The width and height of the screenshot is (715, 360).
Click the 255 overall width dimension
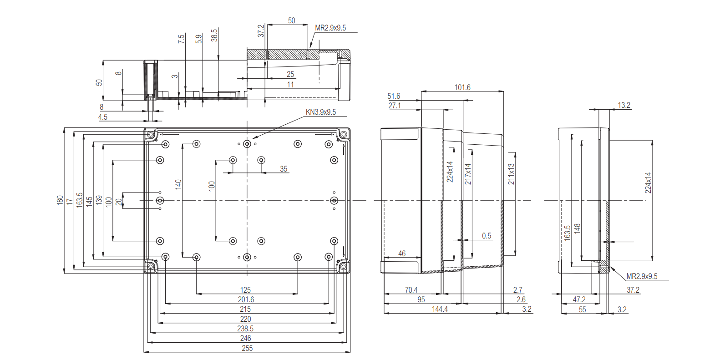[247, 348]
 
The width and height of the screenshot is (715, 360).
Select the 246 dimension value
[245, 338]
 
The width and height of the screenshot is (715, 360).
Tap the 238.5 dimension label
[245, 329]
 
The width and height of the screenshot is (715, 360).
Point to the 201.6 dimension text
[246, 299]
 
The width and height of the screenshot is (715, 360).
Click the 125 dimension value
[245, 290]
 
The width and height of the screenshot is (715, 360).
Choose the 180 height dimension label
[60, 200]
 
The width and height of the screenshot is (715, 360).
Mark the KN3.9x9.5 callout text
[321, 112]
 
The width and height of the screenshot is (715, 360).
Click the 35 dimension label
[284, 169]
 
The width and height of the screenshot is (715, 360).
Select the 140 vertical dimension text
[178, 184]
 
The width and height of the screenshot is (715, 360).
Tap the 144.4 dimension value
[440, 309]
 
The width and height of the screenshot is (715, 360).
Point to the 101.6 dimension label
[462, 87]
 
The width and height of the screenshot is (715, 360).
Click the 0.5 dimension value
[487, 236]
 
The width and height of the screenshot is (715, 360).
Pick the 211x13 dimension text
[511, 174]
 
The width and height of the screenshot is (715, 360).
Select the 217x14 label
[468, 174]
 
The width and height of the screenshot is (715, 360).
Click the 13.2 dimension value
[624, 105]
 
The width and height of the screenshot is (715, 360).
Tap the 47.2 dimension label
[579, 299]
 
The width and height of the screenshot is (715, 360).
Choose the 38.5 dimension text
[214, 35]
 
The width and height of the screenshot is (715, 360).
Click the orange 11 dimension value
[290, 85]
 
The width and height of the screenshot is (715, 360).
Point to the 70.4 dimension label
[411, 290]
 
